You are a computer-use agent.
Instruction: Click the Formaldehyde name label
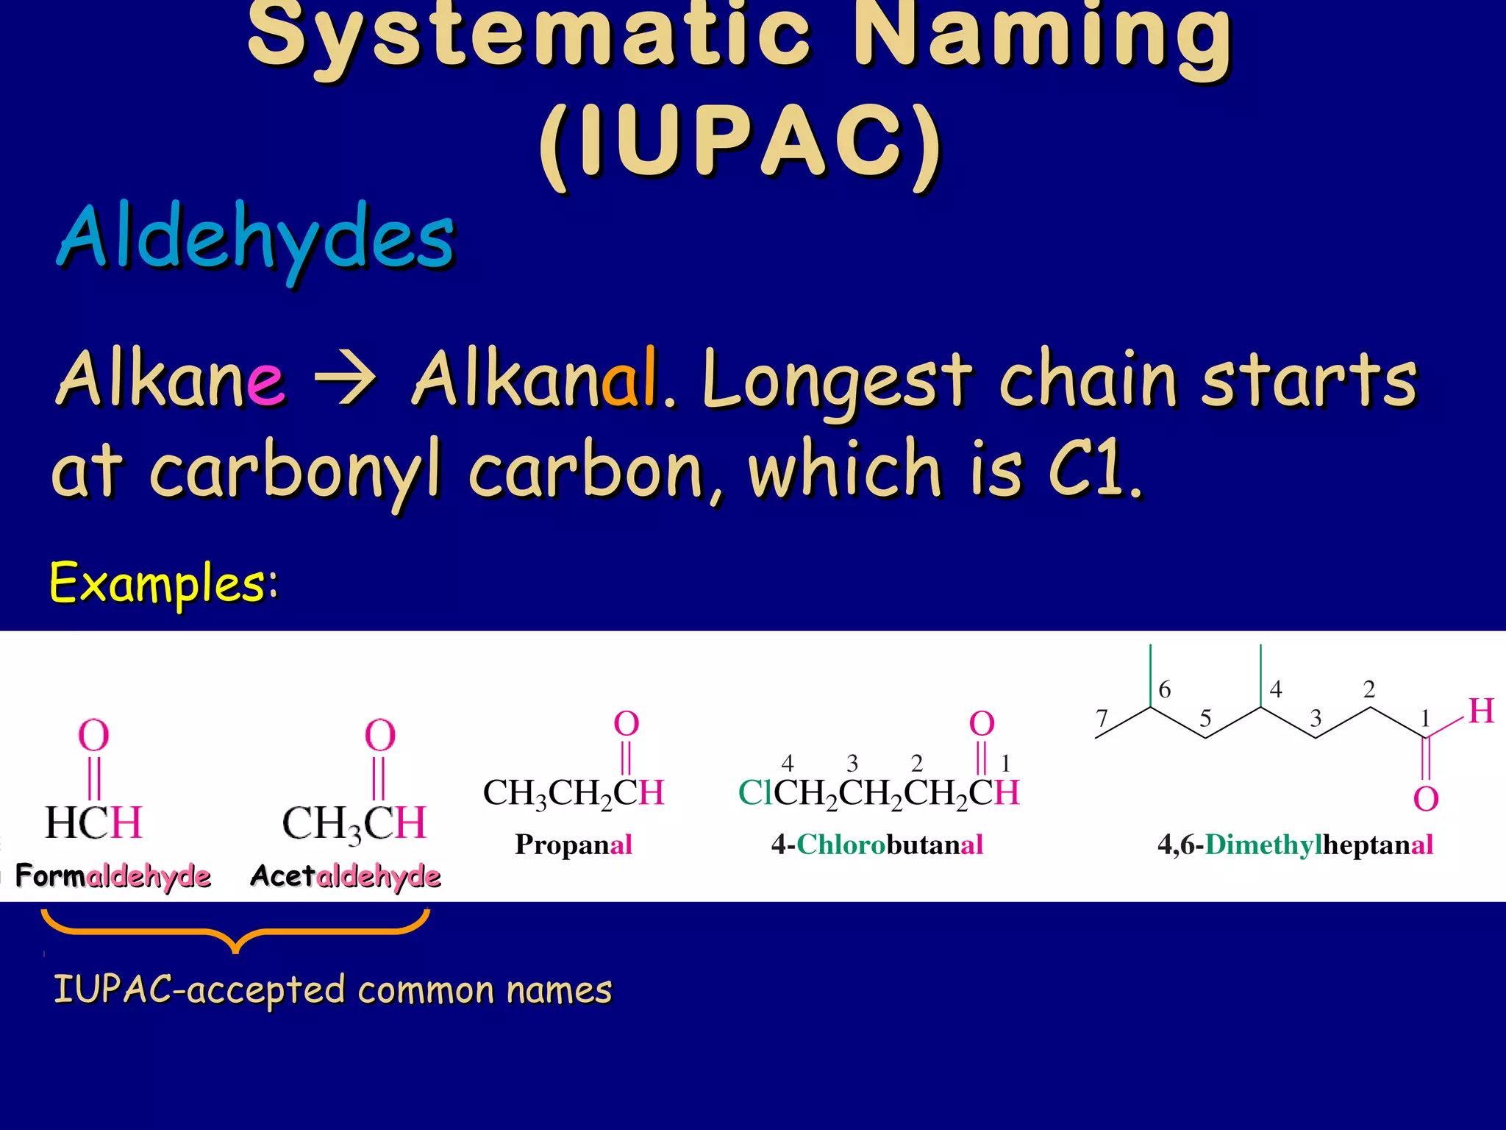pos(113,876)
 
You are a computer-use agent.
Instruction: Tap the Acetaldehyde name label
pos(346,876)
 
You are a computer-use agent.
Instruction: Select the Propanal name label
pos(574,845)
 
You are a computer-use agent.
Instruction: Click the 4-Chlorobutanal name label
pos(877,845)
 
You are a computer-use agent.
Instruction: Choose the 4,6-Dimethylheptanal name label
pos(1295,845)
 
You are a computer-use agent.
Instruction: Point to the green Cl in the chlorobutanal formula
pos(755,793)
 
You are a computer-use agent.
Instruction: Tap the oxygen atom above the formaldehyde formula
pos(93,735)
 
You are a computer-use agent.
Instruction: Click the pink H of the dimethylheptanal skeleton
pos(1481,711)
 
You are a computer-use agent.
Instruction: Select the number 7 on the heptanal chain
pos(1101,717)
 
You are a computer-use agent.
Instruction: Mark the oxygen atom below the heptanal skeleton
pos(1426,799)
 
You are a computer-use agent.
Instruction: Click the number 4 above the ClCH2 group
pos(788,762)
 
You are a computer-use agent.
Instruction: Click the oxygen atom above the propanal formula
pos(627,724)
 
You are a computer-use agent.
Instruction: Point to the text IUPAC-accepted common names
pos(332,989)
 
